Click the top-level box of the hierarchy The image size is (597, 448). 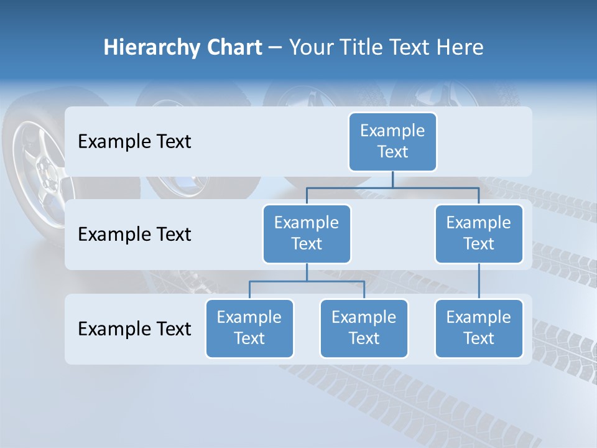tap(392, 141)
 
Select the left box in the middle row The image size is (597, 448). tap(307, 233)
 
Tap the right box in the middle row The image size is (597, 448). tap(479, 233)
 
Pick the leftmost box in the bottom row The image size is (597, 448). tap(249, 328)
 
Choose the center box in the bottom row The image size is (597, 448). tap(364, 328)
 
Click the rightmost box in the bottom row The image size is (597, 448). tap(479, 328)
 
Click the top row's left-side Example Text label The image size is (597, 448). tap(134, 142)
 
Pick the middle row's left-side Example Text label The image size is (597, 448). tap(134, 235)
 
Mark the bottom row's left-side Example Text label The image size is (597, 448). tap(134, 329)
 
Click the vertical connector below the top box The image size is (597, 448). tap(392, 179)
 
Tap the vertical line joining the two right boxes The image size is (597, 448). tap(479, 281)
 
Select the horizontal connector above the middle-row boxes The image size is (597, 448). tap(392, 187)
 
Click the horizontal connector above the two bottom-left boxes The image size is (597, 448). tap(307, 281)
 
